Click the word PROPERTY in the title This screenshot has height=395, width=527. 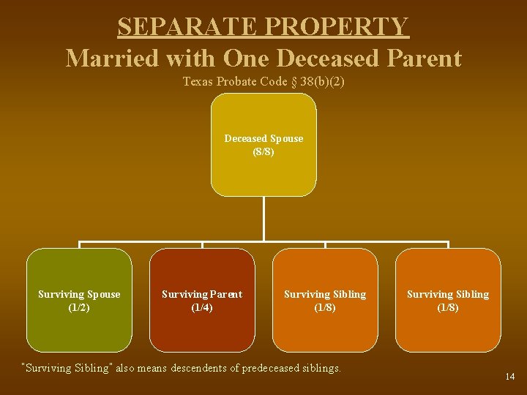[337, 26]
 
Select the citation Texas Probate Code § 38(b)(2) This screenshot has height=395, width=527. [263, 82]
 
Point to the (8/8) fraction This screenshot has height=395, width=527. [263, 152]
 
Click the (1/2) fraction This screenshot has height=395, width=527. [79, 308]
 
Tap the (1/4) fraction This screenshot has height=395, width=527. [202, 308]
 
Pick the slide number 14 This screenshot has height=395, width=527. [510, 377]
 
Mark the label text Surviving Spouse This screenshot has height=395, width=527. [79, 294]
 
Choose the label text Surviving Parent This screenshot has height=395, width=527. [202, 294]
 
